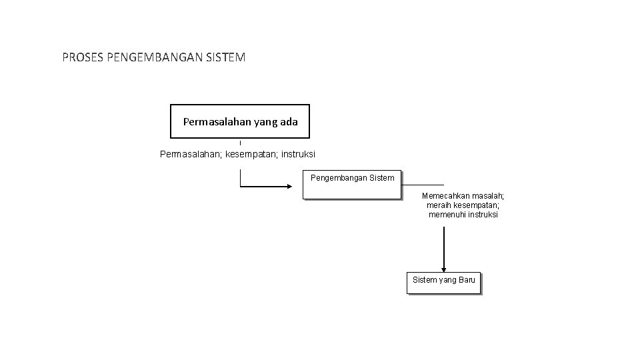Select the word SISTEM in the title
(227, 57)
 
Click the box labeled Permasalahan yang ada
(240, 121)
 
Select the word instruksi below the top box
(299, 155)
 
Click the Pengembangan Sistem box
(352, 185)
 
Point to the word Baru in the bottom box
(467, 280)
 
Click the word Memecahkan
(446, 196)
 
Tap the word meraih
(439, 205)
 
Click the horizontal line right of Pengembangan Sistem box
(423, 185)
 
